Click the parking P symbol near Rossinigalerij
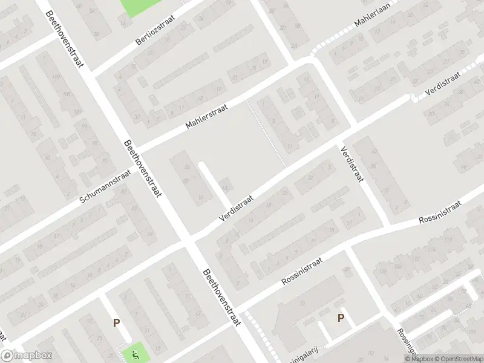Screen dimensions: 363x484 tap(341, 318)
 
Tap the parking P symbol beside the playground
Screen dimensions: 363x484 tap(116, 323)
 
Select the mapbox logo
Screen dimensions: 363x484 tap(27, 356)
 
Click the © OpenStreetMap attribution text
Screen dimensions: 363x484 tap(457, 359)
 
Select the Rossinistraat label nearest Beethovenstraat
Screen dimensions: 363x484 tap(302, 271)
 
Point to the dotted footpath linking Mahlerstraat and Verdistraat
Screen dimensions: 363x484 tap(266, 134)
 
